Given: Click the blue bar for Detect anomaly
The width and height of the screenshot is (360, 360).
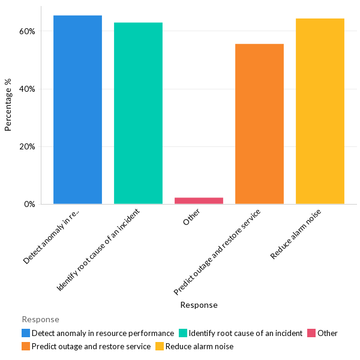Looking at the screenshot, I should point(77,110).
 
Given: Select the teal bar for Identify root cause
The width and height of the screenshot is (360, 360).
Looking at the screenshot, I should point(138,113).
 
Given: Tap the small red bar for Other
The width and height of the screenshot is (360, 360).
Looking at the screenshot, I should point(199,200).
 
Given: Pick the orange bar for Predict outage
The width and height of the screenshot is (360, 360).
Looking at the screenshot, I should point(259,124).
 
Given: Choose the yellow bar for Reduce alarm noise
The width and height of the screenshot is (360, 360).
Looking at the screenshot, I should point(320,112).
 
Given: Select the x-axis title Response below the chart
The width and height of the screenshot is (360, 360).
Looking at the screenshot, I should point(199,305).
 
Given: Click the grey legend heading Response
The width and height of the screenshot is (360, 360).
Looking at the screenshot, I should point(40,319).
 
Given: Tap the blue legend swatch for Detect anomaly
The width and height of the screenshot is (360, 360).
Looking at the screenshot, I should point(26,333).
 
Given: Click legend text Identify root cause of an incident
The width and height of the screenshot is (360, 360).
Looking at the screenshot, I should point(245,333).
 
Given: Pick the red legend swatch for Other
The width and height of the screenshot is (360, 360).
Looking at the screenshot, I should point(311,333).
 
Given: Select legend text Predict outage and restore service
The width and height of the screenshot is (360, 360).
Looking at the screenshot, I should point(91,346).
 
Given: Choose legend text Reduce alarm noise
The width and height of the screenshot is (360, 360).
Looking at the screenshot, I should point(199,346).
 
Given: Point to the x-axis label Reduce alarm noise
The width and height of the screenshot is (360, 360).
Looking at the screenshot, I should point(296,234).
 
